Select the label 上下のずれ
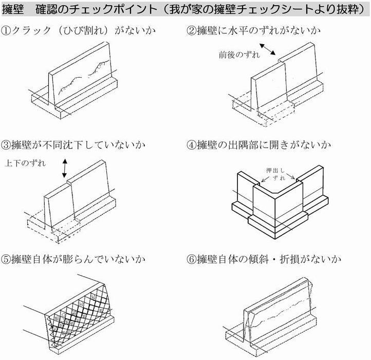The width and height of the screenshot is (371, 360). tap(26, 165)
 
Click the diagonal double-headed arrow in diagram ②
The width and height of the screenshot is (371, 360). tap(268, 50)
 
